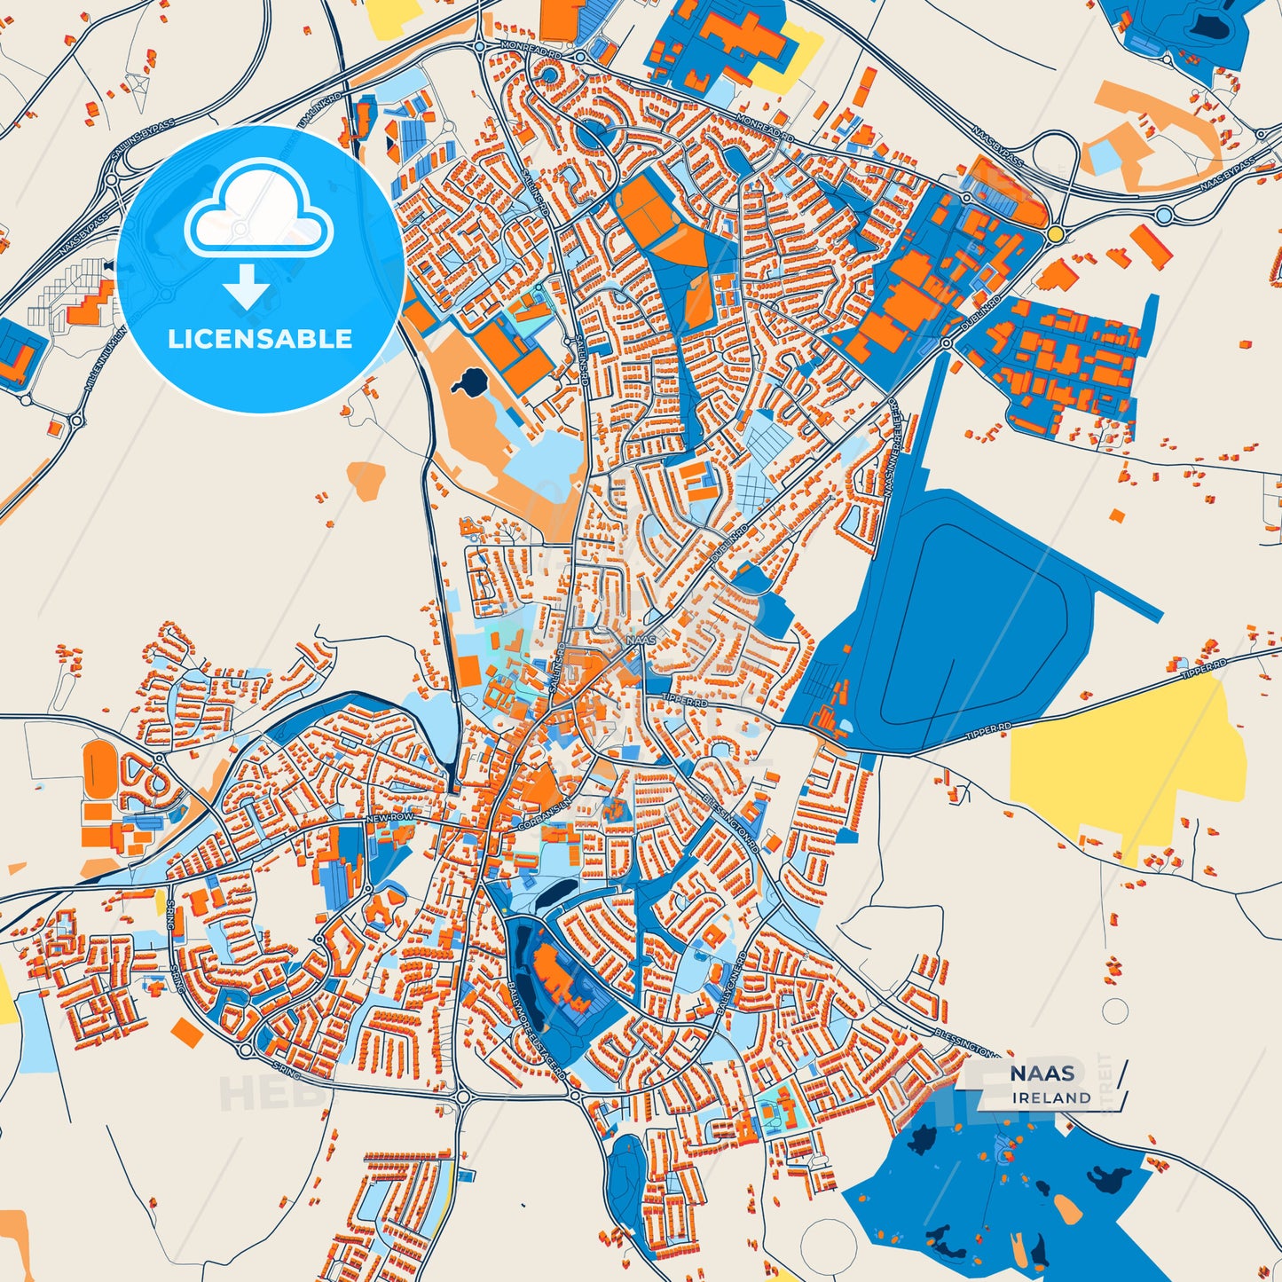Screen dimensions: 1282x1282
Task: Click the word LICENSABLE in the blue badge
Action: click(260, 339)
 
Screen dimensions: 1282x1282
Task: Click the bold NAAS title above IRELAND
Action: click(1042, 1074)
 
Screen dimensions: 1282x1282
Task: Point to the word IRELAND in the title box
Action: click(1052, 1098)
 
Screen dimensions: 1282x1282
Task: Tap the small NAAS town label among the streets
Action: click(641, 640)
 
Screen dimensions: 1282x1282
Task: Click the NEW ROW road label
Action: click(390, 816)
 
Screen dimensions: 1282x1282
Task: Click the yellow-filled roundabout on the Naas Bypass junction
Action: click(1055, 232)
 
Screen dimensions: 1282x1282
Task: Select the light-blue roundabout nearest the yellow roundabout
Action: click(1164, 216)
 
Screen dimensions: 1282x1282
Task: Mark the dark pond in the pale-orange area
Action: click(468, 383)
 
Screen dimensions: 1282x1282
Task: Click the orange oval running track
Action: click(98, 768)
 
